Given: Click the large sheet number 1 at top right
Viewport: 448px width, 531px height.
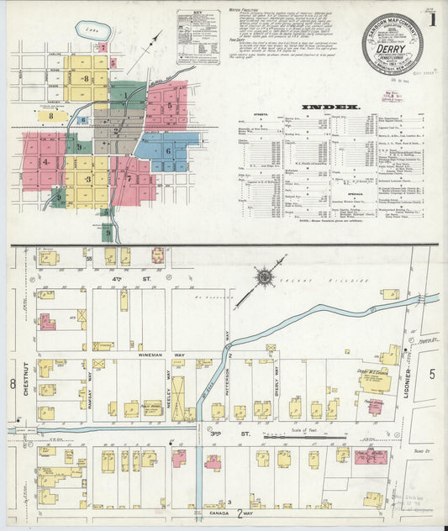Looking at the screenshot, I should point(432,19).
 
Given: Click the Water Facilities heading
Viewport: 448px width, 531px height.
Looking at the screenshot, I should point(245,11).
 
